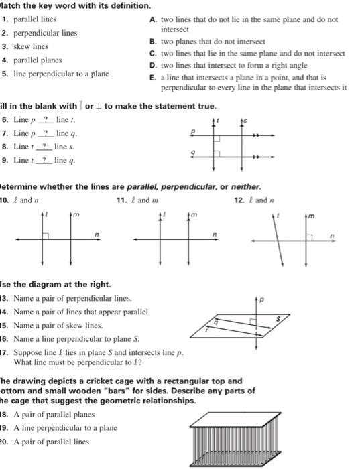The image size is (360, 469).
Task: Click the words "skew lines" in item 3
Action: [x=32, y=46]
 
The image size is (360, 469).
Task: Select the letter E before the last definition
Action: [x=153, y=78]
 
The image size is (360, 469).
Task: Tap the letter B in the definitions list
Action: [x=153, y=41]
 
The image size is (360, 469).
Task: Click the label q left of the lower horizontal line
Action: [x=194, y=152]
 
